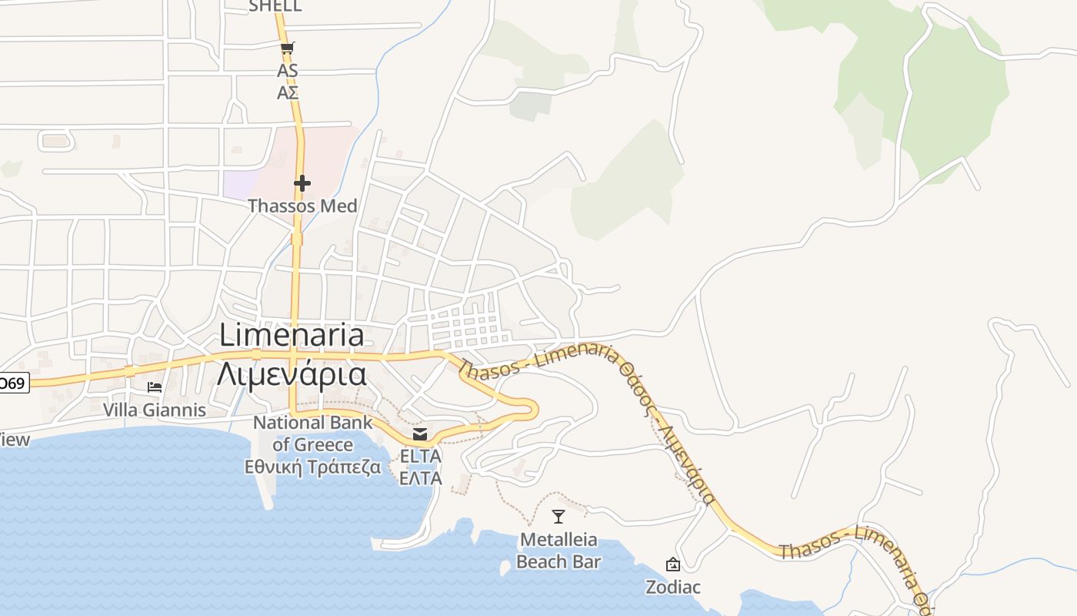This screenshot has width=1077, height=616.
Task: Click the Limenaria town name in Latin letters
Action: click(x=292, y=335)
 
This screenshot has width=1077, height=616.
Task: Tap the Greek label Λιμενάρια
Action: click(x=292, y=374)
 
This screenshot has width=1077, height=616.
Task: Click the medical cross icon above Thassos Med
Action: click(x=302, y=183)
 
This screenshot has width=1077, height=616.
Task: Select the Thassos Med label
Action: click(x=302, y=206)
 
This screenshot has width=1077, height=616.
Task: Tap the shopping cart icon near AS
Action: click(x=287, y=49)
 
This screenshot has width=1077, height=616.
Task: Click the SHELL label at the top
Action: click(x=275, y=7)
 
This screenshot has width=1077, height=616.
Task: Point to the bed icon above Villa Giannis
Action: click(x=155, y=387)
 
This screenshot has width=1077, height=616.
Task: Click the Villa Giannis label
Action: click(x=155, y=410)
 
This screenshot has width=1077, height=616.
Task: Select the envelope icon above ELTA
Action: click(x=420, y=435)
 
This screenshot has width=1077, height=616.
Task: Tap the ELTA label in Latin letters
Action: click(x=420, y=457)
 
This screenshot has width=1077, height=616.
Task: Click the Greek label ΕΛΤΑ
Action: click(x=420, y=478)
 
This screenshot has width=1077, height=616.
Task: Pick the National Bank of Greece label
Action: click(x=313, y=434)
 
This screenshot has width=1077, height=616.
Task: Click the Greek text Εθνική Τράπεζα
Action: click(x=313, y=467)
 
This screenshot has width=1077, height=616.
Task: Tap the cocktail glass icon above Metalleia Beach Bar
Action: click(x=559, y=517)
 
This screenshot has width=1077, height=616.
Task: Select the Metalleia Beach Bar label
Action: click(x=559, y=551)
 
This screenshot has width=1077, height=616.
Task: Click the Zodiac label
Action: click(x=672, y=588)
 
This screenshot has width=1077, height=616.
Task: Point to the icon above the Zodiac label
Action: click(x=672, y=564)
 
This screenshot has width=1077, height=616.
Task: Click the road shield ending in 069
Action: click(x=13, y=383)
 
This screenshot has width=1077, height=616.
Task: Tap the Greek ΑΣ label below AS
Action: click(x=288, y=93)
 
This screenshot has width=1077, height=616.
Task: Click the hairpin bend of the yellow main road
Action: click(x=531, y=408)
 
